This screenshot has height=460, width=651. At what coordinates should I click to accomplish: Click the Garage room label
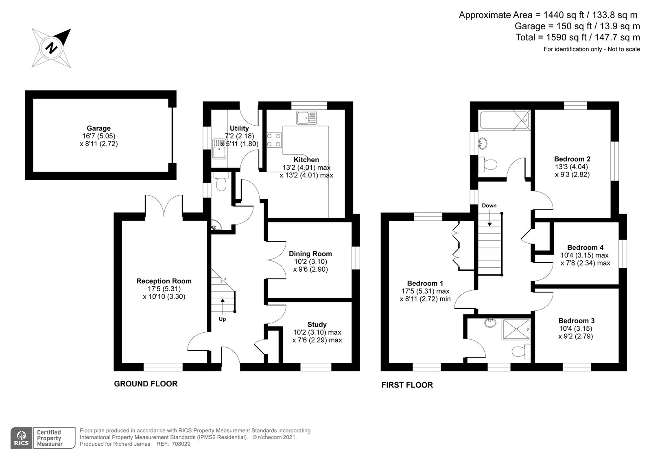(98, 128)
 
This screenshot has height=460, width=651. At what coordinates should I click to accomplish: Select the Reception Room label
(164, 281)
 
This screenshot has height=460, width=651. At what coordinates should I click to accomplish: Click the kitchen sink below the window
(306, 118)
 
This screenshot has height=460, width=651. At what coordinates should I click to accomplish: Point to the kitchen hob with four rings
(273, 140)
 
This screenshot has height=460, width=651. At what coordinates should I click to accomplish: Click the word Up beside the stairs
(222, 319)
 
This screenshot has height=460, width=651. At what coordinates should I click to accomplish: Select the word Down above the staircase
(489, 205)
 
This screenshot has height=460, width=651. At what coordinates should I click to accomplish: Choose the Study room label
(317, 325)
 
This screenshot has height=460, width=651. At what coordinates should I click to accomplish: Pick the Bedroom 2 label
(572, 159)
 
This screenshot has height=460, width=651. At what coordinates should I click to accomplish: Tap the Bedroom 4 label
(585, 247)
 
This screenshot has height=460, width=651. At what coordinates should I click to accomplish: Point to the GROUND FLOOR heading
(146, 384)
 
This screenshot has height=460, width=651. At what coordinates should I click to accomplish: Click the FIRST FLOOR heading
(407, 385)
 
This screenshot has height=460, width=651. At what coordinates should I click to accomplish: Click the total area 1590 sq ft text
(578, 37)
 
